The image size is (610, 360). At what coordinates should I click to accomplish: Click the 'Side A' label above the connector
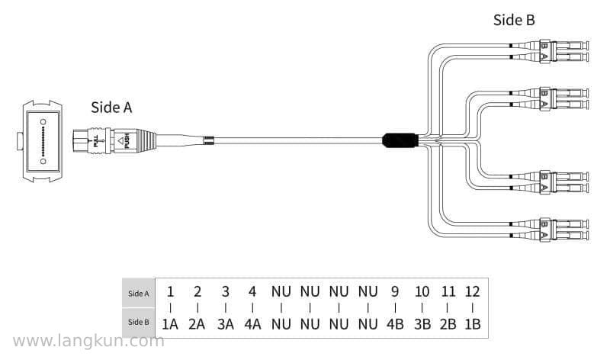(x=111, y=108)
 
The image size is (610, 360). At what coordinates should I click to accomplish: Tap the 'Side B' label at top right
(x=514, y=20)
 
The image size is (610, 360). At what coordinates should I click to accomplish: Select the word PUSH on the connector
(x=127, y=140)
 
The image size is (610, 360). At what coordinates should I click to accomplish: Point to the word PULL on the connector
(x=96, y=140)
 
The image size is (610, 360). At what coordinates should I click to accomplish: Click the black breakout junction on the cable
(x=400, y=140)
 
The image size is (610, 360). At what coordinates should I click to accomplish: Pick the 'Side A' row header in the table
(x=139, y=294)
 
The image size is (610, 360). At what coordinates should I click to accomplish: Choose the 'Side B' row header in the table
(x=139, y=323)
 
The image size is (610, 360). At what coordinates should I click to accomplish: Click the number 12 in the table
(x=472, y=291)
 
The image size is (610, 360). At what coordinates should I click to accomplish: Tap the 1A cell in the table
(x=170, y=324)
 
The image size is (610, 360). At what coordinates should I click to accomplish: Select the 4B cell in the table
(x=395, y=324)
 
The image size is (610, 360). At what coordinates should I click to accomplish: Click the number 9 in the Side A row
(x=395, y=291)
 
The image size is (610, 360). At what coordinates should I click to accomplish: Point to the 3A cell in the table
(x=225, y=324)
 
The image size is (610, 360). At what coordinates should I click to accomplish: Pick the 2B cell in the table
(x=448, y=324)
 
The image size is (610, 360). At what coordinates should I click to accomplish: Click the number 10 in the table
(x=422, y=291)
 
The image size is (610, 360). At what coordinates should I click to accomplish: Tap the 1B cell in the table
(x=472, y=324)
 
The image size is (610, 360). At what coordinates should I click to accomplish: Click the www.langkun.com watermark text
(x=88, y=342)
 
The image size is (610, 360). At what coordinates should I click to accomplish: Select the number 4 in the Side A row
(x=252, y=291)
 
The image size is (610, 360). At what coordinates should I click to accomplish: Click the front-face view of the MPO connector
(x=42, y=141)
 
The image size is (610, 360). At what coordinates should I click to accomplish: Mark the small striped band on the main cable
(x=209, y=140)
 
